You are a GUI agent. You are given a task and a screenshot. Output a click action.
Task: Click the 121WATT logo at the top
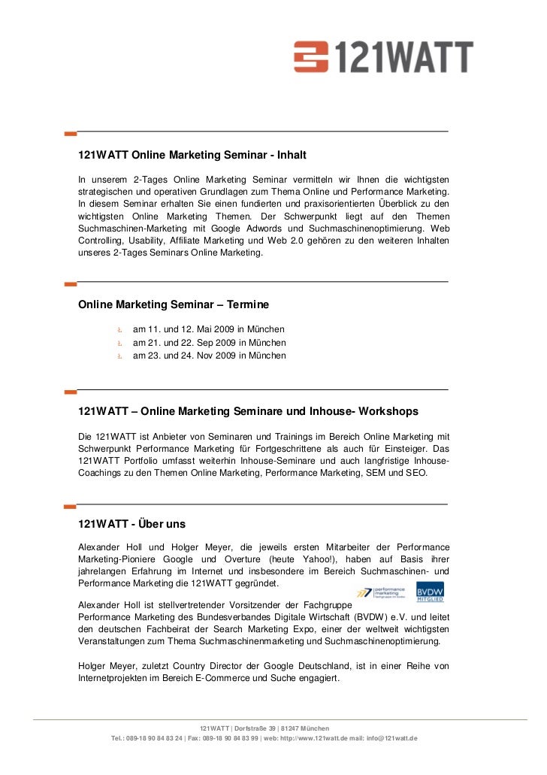click(383, 57)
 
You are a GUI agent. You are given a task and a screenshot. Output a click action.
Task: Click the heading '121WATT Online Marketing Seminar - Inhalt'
click(192, 156)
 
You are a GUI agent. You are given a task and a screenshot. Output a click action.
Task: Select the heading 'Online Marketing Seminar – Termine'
click(174, 305)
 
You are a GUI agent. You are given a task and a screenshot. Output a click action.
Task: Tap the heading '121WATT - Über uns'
click(131, 524)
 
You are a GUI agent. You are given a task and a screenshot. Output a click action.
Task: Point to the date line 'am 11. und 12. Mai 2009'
click(208, 329)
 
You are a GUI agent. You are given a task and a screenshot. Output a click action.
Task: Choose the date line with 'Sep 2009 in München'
click(209, 342)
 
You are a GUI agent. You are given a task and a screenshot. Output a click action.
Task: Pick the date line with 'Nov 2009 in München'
click(209, 355)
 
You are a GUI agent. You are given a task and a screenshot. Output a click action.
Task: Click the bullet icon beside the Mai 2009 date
click(119, 330)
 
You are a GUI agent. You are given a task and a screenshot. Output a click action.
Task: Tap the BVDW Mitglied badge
click(430, 592)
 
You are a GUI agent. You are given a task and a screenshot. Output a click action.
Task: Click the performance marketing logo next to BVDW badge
click(383, 592)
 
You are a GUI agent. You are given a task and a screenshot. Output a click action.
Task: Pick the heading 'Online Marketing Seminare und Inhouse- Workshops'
click(279, 412)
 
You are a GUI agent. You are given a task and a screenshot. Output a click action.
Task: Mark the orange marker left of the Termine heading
click(71, 285)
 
